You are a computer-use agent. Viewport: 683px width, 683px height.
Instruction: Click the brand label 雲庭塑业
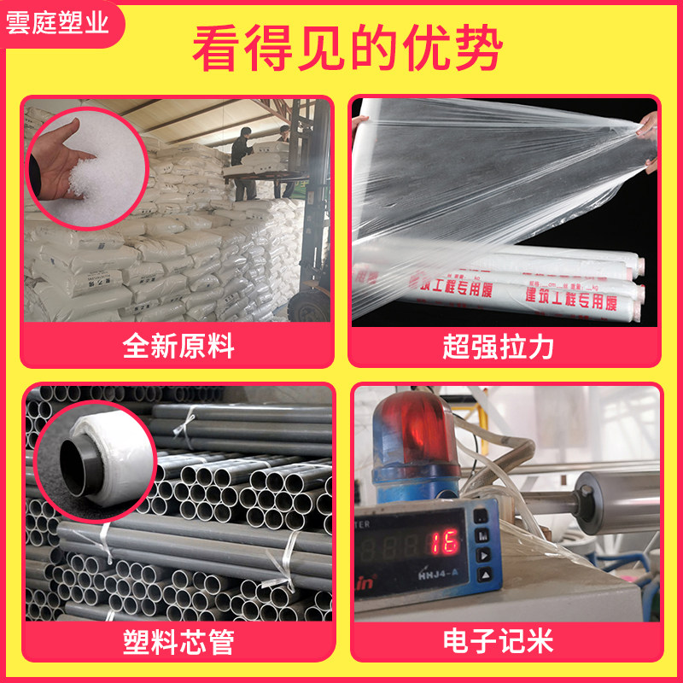[x=58, y=23]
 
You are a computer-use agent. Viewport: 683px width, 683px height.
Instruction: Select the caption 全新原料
[x=178, y=347]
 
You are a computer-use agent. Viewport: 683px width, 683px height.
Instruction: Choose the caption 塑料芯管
[x=178, y=641]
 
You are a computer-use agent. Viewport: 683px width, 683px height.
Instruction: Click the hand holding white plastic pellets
[x=64, y=166]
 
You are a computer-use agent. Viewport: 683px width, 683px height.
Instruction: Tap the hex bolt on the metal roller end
[x=589, y=493]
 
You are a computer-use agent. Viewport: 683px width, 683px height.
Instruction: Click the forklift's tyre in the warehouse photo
[x=303, y=303]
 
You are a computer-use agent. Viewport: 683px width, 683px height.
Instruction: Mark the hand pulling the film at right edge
[x=647, y=141]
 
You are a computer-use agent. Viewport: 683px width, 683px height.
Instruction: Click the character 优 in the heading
[x=437, y=50]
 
